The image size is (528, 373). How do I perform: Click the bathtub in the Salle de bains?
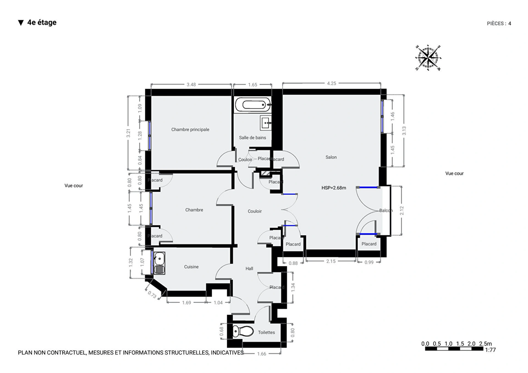click(x=253, y=105)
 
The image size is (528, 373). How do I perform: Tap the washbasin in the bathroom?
click(x=266, y=123)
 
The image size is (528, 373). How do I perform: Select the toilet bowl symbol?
click(x=243, y=331)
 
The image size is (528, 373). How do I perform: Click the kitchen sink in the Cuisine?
click(x=159, y=263)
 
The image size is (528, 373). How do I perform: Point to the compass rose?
click(x=428, y=58)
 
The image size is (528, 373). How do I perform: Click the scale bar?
click(x=454, y=349)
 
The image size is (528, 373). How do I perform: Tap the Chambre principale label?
click(x=190, y=130)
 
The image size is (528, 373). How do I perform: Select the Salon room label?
click(x=331, y=157)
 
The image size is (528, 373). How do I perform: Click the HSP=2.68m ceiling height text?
click(x=334, y=188)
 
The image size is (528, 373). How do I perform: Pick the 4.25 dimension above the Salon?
click(x=331, y=83)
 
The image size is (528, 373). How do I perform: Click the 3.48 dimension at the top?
click(x=191, y=84)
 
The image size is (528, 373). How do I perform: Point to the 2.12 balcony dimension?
click(x=402, y=211)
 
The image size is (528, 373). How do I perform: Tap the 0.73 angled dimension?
click(x=152, y=295)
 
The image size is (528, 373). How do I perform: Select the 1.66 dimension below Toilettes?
click(x=262, y=354)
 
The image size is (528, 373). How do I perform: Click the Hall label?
click(x=249, y=268)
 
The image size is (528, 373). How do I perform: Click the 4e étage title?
click(x=42, y=23)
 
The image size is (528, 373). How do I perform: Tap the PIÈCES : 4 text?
click(x=499, y=24)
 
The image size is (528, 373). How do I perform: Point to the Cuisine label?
click(x=191, y=267)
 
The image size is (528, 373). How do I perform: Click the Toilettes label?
click(x=266, y=332)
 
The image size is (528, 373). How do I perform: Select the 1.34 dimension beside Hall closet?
click(x=293, y=287)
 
